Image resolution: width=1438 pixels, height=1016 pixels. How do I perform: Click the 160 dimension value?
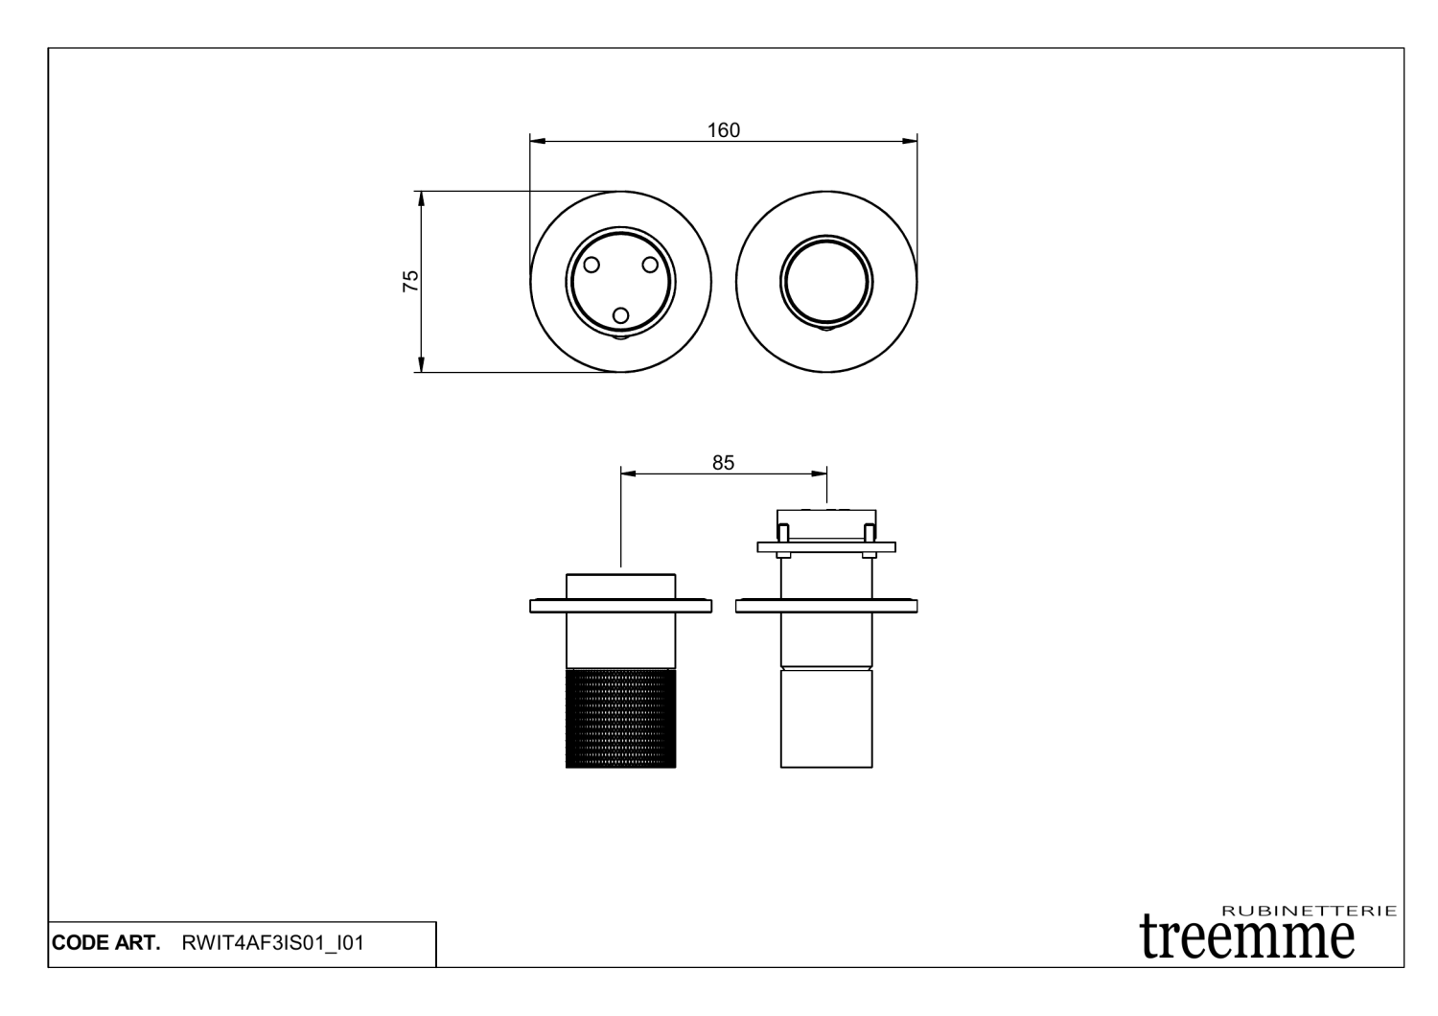724,130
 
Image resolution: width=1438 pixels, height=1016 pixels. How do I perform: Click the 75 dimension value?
410,281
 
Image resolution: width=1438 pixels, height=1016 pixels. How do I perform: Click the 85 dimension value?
723,463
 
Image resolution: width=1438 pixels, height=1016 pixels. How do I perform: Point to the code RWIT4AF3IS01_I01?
272,943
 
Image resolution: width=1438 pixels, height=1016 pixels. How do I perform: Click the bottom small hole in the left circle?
620,315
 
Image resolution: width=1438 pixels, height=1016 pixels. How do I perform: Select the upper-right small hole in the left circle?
649,264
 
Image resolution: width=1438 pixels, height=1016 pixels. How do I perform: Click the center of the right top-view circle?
826,282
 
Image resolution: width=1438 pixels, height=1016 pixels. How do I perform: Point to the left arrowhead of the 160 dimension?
537,142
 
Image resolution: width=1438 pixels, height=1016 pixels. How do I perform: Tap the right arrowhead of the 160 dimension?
911,142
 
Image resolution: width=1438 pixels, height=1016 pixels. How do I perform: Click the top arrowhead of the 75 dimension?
420,197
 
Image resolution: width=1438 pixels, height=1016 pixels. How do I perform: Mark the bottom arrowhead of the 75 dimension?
420,365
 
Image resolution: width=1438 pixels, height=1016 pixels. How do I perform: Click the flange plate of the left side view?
620,606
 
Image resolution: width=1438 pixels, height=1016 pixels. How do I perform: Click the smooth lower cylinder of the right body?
826,719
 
